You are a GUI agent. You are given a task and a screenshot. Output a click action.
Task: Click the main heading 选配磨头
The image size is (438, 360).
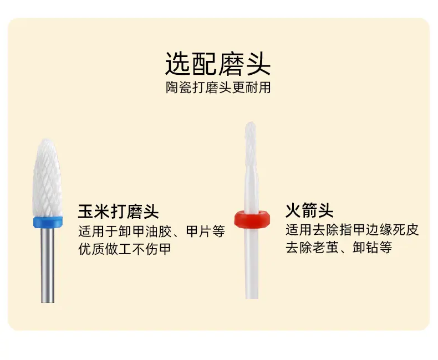pos(217,63)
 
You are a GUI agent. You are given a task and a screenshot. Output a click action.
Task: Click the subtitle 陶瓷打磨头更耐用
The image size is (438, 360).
pos(218,88)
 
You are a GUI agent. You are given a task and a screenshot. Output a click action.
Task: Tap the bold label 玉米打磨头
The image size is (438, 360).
pos(119,211)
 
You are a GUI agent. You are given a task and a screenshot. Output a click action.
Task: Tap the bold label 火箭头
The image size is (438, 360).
pos(309,210)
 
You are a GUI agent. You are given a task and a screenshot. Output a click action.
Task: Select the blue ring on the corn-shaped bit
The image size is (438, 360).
pos(48,222)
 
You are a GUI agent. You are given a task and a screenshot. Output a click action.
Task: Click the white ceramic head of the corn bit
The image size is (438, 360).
pos(48,178)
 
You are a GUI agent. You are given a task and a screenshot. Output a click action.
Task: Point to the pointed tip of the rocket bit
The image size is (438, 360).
pos(251,122)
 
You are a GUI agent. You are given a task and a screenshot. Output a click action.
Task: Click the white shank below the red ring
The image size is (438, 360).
pos(252,263)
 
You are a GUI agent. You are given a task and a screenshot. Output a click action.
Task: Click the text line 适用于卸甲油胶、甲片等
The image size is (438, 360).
pos(152,231)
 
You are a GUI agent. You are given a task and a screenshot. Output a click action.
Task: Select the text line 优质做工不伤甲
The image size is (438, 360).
pos(125,249)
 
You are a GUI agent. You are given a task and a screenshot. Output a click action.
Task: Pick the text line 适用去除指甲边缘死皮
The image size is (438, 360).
pos(352,230)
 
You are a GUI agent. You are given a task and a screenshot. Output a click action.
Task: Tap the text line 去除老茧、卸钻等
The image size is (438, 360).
pos(339,247)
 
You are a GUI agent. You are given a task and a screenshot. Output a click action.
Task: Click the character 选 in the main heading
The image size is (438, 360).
pos(178,64)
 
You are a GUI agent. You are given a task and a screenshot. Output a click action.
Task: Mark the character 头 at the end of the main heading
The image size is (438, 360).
pos(258,64)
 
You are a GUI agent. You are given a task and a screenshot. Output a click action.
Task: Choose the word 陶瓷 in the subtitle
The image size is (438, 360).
pos(179,88)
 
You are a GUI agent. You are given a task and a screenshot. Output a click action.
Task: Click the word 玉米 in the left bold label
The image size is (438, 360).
pos(94,211)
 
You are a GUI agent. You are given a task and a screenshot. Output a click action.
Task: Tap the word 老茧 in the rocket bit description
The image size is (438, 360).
pos(325,247)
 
